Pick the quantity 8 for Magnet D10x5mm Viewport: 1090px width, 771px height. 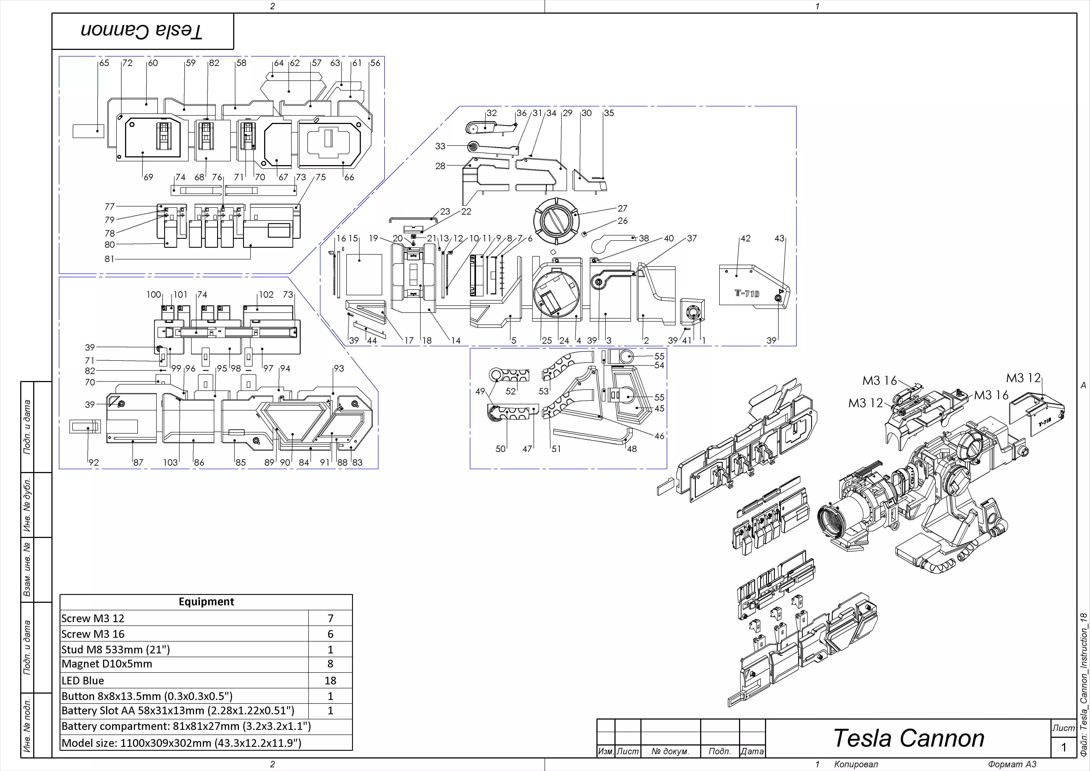point(331,664)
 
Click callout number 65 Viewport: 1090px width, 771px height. point(104,63)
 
